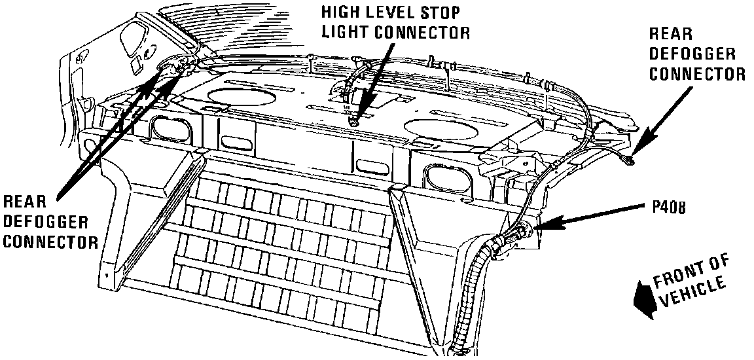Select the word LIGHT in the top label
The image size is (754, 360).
coord(339,33)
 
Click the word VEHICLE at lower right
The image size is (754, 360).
coord(693,293)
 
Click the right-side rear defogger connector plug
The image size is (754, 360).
coord(630,160)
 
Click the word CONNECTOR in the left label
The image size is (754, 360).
coord(50,243)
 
